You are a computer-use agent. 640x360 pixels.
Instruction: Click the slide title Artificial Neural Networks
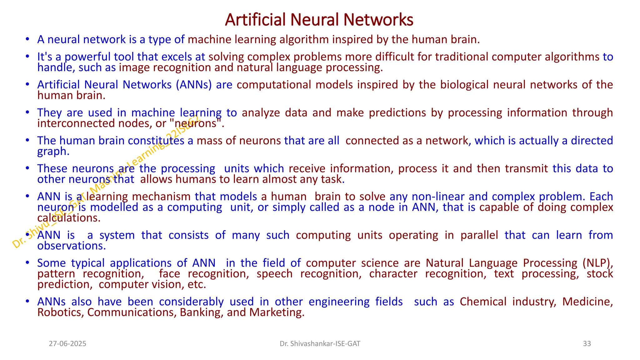pyautogui.click(x=319, y=20)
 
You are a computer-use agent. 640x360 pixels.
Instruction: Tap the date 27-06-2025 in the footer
pyautogui.click(x=67, y=344)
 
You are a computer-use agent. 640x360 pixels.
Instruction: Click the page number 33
pyautogui.click(x=587, y=344)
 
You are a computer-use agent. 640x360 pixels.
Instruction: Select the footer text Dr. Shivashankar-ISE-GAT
pyautogui.click(x=320, y=344)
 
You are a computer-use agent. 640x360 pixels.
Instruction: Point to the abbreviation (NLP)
pyautogui.click(x=597, y=263)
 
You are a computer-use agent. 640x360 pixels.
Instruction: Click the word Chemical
pyautogui.click(x=483, y=302)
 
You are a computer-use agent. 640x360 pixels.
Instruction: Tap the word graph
pyautogui.click(x=53, y=152)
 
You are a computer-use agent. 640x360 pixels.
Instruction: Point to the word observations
pyautogui.click(x=72, y=246)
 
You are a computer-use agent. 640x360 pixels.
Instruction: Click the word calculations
pyautogui.click(x=69, y=218)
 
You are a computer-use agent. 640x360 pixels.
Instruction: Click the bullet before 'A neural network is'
pyautogui.click(x=28, y=39)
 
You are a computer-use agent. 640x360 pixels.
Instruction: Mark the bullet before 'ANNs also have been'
pyautogui.click(x=28, y=302)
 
